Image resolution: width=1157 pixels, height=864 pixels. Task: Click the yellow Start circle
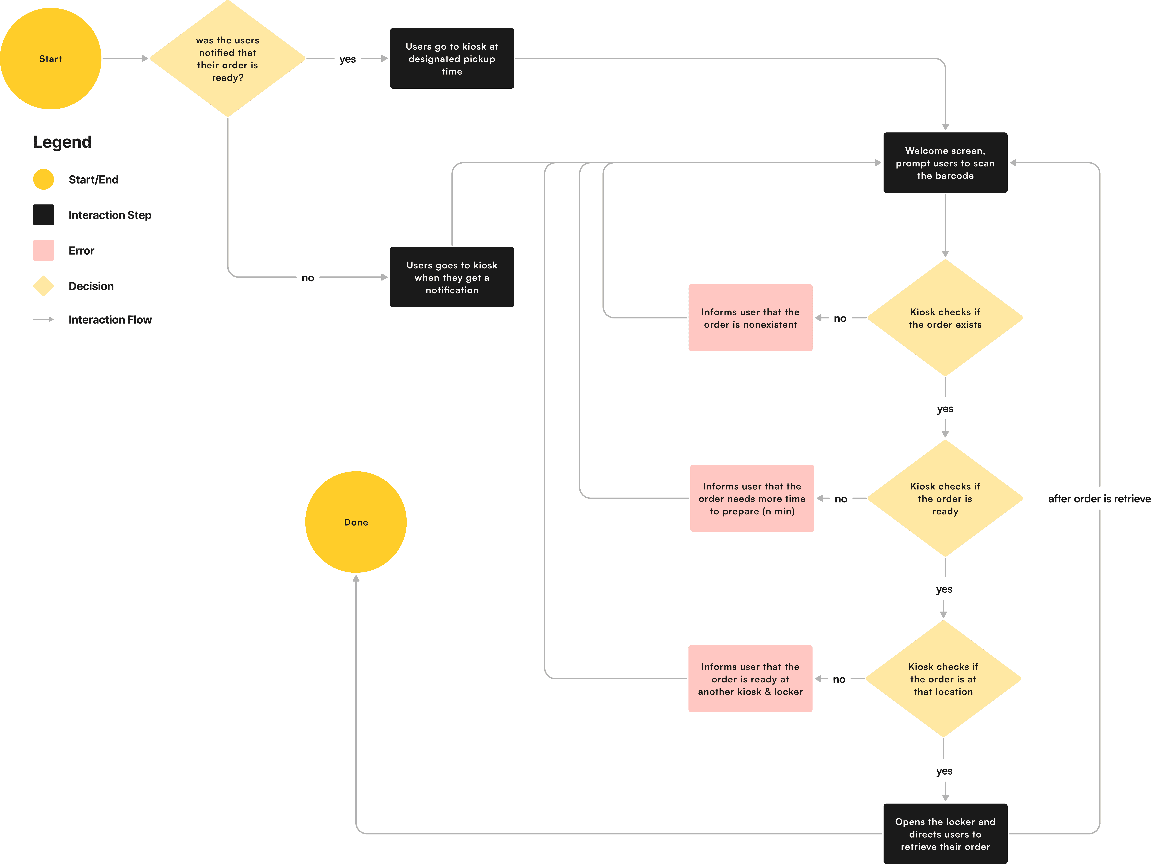pyautogui.click(x=51, y=59)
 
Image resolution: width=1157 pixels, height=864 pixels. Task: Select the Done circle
pyautogui.click(x=356, y=522)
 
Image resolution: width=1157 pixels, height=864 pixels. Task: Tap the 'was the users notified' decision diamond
pyautogui.click(x=228, y=59)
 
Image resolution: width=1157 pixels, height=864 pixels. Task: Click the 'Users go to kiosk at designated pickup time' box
pyautogui.click(x=452, y=59)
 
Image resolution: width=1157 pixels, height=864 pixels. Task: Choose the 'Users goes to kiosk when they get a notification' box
pyautogui.click(x=452, y=277)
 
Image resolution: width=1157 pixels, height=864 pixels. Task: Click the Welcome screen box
pyautogui.click(x=945, y=163)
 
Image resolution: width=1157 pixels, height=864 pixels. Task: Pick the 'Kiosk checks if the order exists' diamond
pyautogui.click(x=945, y=318)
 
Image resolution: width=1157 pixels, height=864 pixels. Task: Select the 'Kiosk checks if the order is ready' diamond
pyautogui.click(x=945, y=498)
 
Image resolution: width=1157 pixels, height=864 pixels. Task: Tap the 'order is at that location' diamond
pyautogui.click(x=943, y=679)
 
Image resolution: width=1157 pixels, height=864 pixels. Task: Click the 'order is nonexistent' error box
pyautogui.click(x=750, y=318)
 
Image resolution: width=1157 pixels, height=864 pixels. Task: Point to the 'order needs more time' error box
pyautogui.click(x=752, y=498)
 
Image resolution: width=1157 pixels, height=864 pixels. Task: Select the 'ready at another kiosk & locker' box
pyautogui.click(x=750, y=679)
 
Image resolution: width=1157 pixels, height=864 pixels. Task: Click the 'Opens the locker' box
pyautogui.click(x=945, y=834)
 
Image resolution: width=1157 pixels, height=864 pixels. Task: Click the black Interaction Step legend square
pyautogui.click(x=43, y=215)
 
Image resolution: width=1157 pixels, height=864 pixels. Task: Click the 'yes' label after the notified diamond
pyautogui.click(x=348, y=59)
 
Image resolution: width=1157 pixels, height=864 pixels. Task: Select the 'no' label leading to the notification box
pyautogui.click(x=308, y=278)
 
